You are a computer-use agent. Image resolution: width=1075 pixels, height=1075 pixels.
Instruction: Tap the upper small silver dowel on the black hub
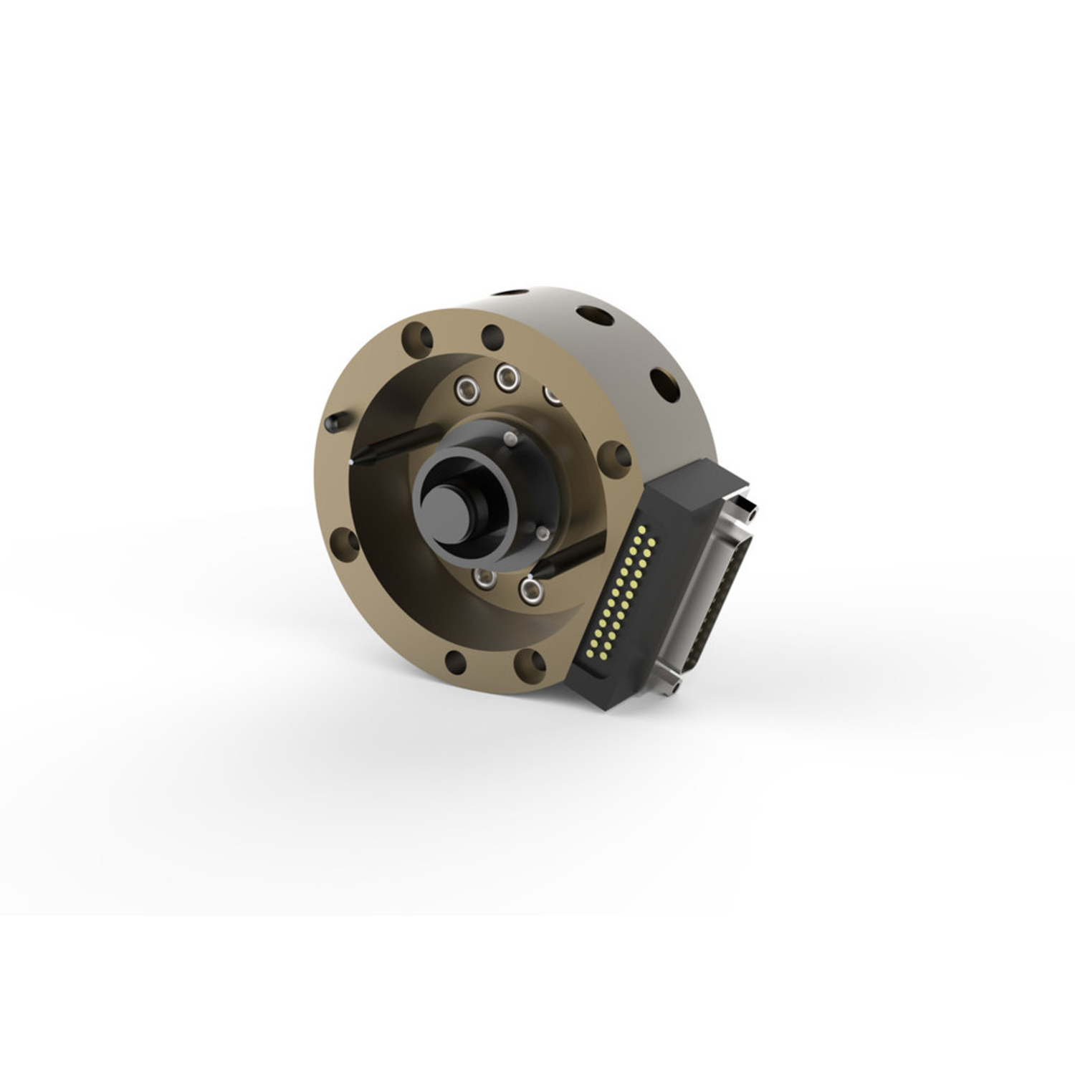point(510,438)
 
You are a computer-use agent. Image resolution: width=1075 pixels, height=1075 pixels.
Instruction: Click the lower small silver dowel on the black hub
point(543,533)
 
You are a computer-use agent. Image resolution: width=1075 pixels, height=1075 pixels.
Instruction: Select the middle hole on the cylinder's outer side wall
point(595,315)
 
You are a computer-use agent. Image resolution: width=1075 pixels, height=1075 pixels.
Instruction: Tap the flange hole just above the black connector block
point(614,456)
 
